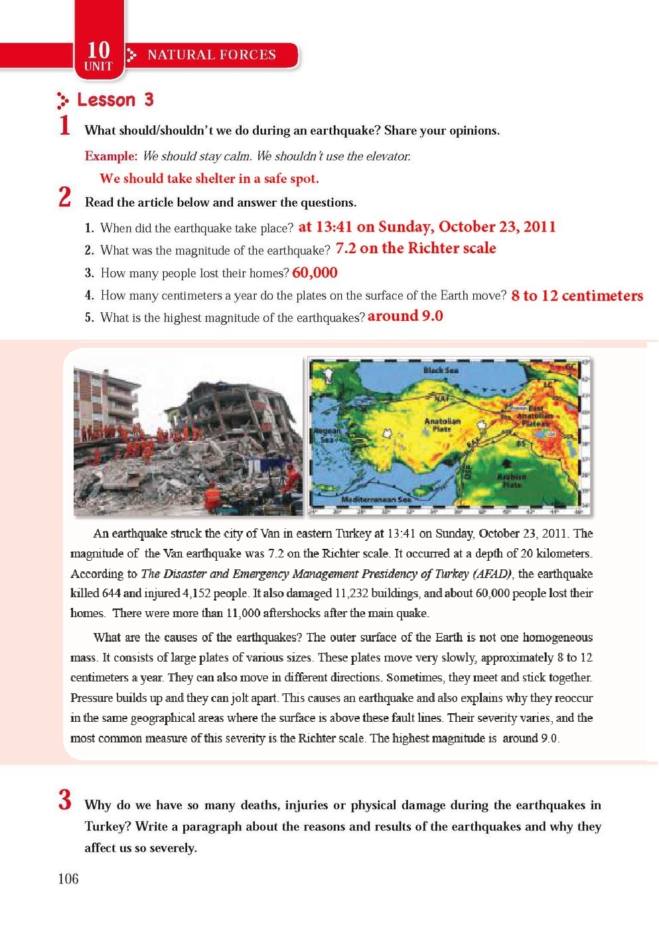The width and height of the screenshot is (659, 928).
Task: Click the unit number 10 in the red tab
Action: [98, 49]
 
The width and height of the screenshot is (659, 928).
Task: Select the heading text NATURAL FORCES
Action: [211, 55]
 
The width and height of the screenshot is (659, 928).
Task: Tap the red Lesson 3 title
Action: [115, 100]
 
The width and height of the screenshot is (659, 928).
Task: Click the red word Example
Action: [110, 156]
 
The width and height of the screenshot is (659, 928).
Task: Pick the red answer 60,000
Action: [315, 272]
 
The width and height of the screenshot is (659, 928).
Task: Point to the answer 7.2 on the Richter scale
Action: [415, 249]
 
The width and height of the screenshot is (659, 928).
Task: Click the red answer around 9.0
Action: [405, 316]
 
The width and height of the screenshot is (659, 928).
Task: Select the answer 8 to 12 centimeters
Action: [577, 296]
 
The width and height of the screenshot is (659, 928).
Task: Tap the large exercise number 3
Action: [64, 800]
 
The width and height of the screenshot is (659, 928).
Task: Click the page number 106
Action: [68, 879]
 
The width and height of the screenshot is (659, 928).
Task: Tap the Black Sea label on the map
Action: [441, 371]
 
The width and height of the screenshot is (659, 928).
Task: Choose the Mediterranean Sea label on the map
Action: [376, 499]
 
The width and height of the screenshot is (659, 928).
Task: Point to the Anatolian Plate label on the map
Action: [442, 425]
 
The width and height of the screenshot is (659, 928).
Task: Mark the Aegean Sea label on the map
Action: [327, 435]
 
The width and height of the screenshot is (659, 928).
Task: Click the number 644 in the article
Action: [111, 593]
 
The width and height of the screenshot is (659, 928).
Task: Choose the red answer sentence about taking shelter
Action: [209, 178]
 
